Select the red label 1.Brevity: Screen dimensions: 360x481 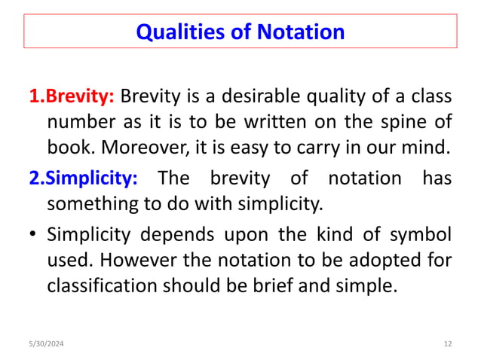[x=72, y=97]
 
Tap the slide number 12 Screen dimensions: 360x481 [x=447, y=344]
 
